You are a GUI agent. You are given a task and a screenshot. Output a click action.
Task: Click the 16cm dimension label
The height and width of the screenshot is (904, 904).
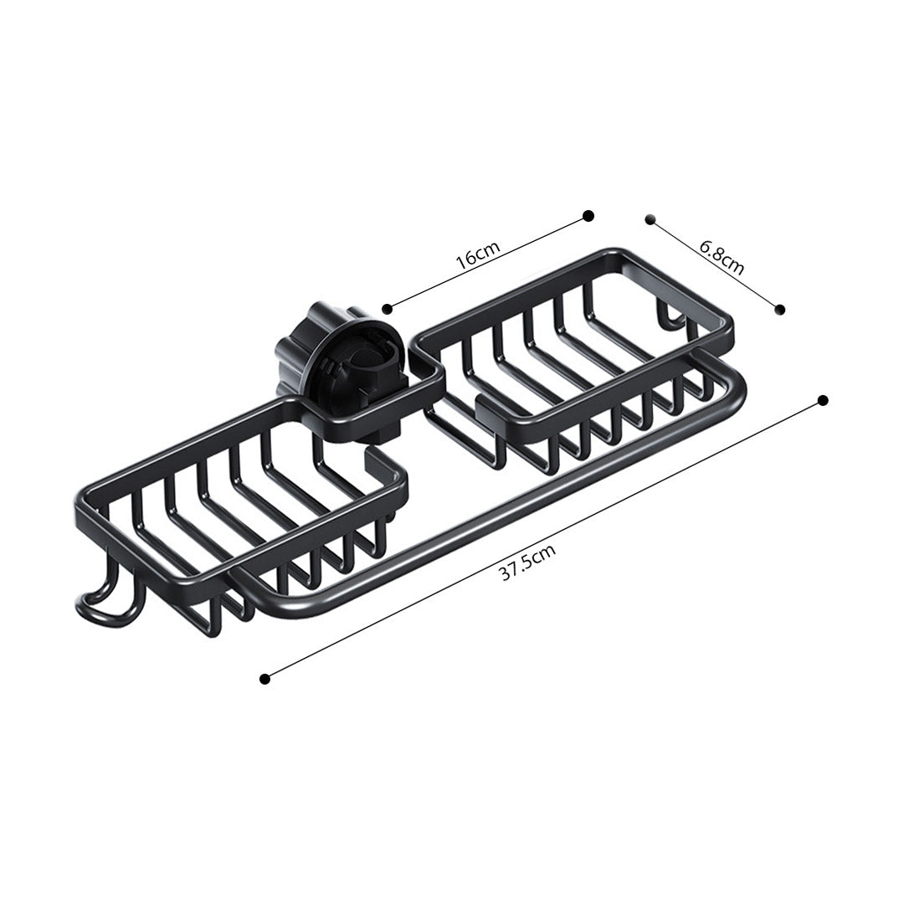pos(477,254)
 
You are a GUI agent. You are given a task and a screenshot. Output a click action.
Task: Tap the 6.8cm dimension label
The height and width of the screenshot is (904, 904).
pos(722,257)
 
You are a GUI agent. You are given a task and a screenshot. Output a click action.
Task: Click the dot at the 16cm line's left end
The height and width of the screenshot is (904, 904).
pos(387,309)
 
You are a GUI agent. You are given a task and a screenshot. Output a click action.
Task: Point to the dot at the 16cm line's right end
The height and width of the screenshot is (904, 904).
pos(588,216)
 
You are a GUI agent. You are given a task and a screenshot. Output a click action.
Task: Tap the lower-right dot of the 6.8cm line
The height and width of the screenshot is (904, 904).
pos(780,310)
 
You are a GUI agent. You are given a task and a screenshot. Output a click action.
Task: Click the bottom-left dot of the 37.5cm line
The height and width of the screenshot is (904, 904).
pos(265,679)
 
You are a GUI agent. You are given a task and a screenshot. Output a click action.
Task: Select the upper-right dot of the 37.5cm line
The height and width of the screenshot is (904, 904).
pos(824,400)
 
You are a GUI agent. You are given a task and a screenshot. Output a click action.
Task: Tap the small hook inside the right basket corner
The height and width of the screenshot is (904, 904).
pos(668,316)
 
